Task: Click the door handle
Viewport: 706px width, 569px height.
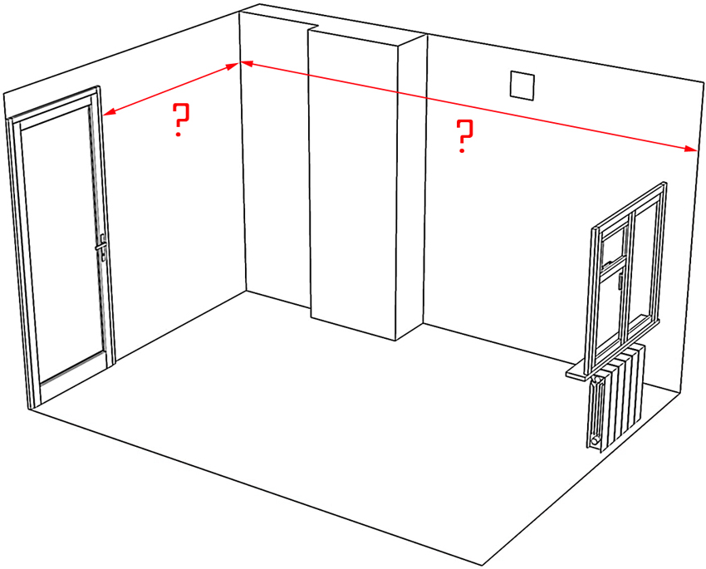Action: pos(101,245)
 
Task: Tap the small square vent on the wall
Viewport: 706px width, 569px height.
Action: pos(522,86)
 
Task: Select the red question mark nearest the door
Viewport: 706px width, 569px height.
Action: pos(180,121)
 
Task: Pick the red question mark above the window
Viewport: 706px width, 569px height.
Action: pos(465,136)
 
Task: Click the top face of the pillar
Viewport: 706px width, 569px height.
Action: pos(365,33)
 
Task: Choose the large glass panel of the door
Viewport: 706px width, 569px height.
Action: pos(62,241)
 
